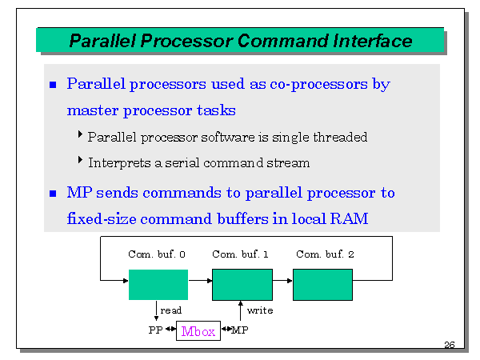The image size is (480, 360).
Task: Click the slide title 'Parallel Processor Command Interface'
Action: click(x=241, y=41)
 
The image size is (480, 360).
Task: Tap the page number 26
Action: click(x=450, y=345)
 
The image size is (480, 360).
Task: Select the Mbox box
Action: click(x=198, y=330)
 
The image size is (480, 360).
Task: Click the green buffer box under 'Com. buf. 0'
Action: click(x=158, y=285)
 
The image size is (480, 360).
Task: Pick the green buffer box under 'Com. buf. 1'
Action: click(x=242, y=285)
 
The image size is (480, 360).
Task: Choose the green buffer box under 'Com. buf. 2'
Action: click(x=322, y=285)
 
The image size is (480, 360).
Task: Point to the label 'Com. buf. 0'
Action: click(x=157, y=254)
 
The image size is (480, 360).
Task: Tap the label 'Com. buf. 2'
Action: click(x=324, y=254)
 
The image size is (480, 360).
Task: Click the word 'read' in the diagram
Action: click(x=171, y=310)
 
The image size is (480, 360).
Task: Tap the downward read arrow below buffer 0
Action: click(x=156, y=310)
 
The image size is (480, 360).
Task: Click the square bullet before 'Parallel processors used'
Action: click(x=54, y=84)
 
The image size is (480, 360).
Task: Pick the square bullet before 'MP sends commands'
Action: click(x=54, y=194)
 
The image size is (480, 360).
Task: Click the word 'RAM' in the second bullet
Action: click(x=350, y=218)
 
